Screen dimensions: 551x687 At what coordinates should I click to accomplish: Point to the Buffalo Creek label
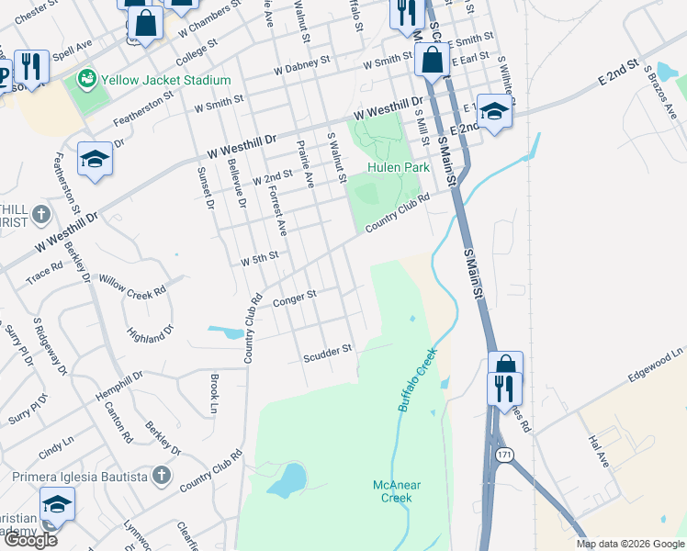[x=418, y=378]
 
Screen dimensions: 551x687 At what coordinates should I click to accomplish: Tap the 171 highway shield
[x=503, y=455]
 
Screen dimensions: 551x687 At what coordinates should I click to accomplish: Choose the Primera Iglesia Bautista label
[x=80, y=477]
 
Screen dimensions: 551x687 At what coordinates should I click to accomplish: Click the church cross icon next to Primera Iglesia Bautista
[x=162, y=476]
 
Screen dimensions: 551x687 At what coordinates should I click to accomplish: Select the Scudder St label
[x=328, y=352]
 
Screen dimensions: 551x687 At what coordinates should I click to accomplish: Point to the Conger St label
[x=294, y=297]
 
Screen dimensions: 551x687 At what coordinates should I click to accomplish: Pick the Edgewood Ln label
[x=656, y=365]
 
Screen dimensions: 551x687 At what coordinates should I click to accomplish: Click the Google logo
[x=30, y=540]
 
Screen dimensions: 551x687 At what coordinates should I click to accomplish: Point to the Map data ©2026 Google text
[x=630, y=544]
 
